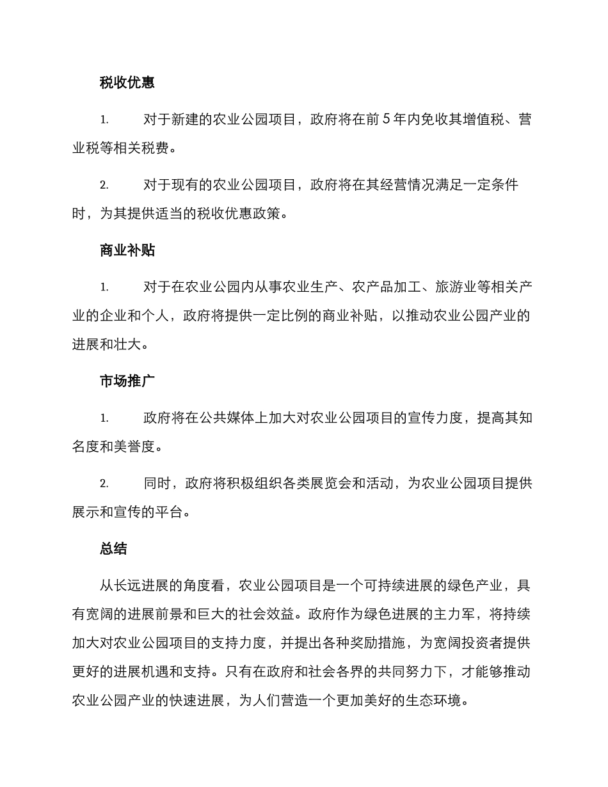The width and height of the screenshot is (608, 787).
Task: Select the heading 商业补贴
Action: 127,250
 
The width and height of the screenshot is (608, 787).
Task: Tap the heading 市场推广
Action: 127,381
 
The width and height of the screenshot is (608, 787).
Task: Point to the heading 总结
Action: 113,548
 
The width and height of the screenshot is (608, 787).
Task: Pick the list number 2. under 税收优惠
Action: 104,186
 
